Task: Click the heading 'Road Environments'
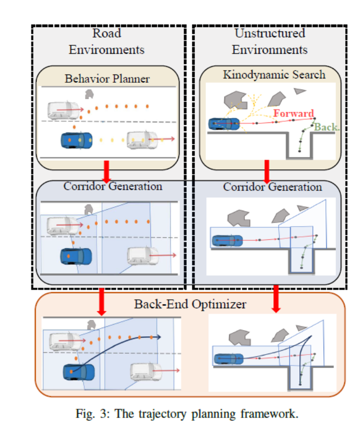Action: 106,41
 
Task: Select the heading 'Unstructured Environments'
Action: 269,41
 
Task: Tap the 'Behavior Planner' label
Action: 106,78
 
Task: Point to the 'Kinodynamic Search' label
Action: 273,75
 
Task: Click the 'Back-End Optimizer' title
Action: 190,303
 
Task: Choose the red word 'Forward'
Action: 293,113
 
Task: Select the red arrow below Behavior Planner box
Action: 106,171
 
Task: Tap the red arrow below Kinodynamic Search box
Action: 267,171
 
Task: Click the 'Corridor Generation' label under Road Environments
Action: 112,186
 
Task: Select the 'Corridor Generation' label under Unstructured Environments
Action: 272,187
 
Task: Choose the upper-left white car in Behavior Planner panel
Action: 63,109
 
